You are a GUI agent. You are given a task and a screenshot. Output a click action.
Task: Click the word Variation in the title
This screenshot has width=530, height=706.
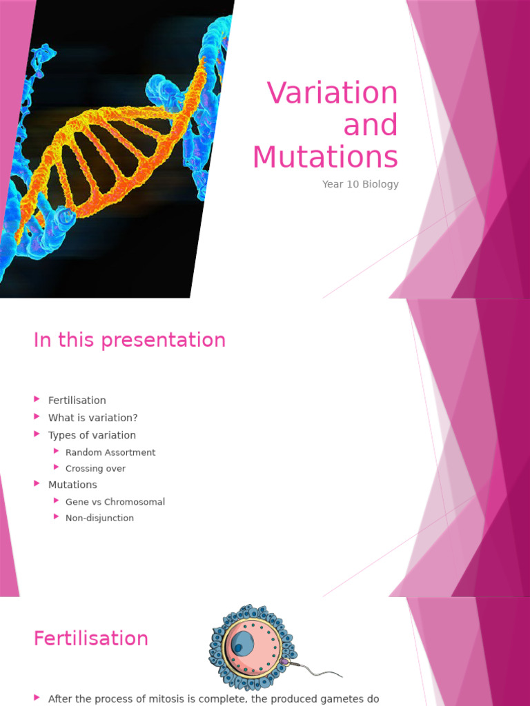(x=332, y=93)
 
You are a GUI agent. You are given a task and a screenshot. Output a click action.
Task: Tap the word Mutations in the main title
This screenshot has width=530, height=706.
(x=325, y=157)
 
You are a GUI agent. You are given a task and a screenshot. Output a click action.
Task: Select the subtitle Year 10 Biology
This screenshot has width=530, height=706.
(x=360, y=184)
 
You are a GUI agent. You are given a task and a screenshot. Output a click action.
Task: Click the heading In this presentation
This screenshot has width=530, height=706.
(x=129, y=340)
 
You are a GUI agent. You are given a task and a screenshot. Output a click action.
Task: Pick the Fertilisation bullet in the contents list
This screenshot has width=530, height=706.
(x=77, y=401)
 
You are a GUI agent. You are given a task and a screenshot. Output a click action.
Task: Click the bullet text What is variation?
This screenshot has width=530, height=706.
(x=92, y=418)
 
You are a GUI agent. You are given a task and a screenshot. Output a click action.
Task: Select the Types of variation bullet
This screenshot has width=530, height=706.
(x=92, y=435)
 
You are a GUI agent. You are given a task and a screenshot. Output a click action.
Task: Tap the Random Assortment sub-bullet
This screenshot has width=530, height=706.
(x=110, y=452)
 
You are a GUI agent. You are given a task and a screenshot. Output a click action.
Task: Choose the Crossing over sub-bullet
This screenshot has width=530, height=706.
(x=95, y=469)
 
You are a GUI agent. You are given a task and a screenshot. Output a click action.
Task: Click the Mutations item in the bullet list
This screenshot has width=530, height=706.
(x=72, y=485)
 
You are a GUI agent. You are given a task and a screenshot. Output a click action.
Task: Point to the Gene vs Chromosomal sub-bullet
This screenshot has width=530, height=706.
(x=115, y=502)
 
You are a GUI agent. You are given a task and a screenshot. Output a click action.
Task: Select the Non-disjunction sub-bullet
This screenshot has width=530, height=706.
(x=99, y=518)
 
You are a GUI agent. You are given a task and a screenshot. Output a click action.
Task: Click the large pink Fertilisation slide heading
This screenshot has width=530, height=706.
(x=90, y=638)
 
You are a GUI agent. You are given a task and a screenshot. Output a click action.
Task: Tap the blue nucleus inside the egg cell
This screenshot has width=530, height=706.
(x=242, y=644)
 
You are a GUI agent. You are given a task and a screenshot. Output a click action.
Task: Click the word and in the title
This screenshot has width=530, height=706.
(x=371, y=125)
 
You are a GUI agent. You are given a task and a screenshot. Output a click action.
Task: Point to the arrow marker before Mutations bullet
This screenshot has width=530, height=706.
(x=37, y=484)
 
